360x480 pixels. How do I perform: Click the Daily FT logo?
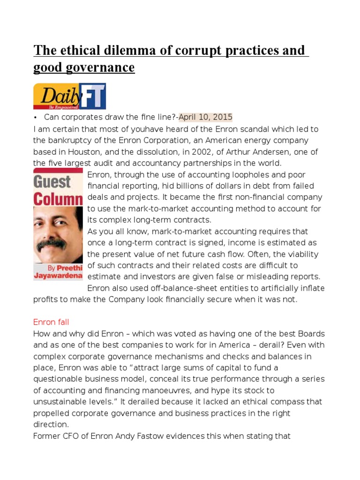pyautogui.click(x=69, y=96)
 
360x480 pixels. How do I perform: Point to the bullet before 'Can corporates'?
pyautogui.click(x=36, y=117)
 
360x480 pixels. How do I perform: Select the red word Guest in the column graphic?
pyautogui.click(x=52, y=181)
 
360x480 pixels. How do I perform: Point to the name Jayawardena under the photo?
pyautogui.click(x=58, y=276)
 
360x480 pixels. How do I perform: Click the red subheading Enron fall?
pyautogui.click(x=51, y=322)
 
